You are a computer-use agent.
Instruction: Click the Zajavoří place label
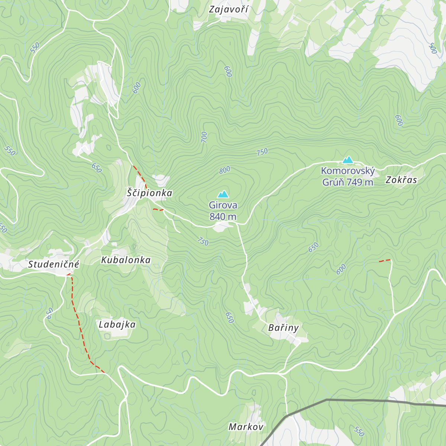(x=228, y=9)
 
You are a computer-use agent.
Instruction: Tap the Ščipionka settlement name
(x=149, y=193)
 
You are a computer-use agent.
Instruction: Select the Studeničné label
(x=54, y=264)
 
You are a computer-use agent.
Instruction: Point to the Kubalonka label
(x=126, y=260)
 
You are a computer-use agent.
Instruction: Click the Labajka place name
(x=117, y=324)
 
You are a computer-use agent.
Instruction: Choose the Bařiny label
(x=283, y=328)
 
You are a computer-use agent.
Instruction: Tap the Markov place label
(x=246, y=427)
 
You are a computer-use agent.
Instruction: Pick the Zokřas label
(x=401, y=180)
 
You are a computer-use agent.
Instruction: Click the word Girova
(x=223, y=205)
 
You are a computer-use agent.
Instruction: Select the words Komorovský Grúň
(x=348, y=171)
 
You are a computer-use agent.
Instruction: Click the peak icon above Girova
(x=223, y=194)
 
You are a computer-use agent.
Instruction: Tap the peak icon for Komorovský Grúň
(x=348, y=160)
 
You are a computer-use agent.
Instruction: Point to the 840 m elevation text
(x=223, y=217)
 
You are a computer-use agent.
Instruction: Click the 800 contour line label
(x=224, y=170)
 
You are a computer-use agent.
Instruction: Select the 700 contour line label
(x=204, y=137)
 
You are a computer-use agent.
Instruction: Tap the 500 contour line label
(x=432, y=48)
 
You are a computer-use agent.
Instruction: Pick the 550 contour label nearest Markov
(x=359, y=431)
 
